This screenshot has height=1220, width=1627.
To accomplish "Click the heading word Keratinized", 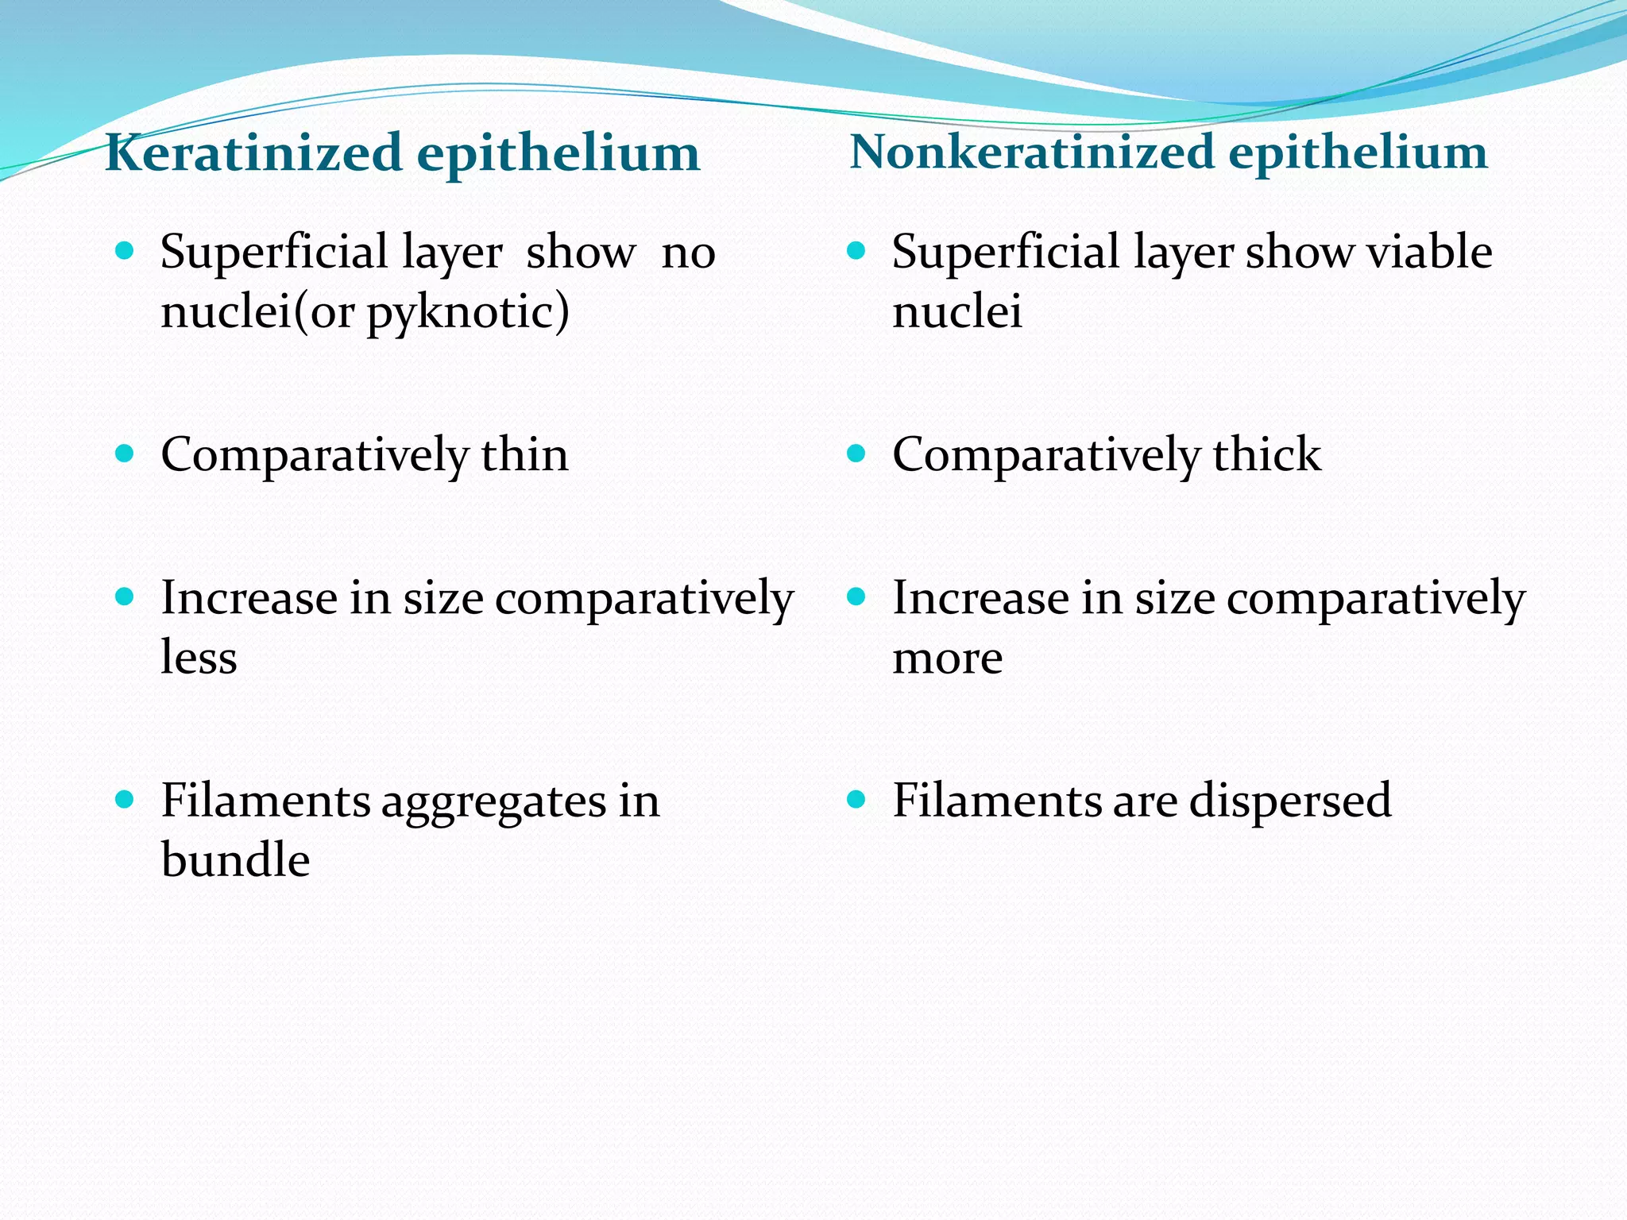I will point(253,152).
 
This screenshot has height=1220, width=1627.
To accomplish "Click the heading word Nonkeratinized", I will point(1031,151).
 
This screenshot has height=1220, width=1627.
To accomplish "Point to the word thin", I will point(524,455).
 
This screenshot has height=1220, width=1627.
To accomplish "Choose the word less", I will point(199,658).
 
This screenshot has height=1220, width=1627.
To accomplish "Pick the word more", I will point(947,658).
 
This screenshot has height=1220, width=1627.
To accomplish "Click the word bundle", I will point(235,859).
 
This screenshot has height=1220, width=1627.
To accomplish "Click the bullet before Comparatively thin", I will point(125,454).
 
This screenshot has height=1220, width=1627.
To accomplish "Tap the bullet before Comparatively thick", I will point(856,454).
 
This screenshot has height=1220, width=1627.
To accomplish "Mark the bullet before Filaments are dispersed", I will point(856,799).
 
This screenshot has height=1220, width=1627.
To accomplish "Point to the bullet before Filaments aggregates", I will point(125,799).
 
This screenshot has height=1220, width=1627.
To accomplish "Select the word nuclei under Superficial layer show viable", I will point(956,311).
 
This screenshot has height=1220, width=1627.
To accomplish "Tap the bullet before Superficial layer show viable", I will point(856,252).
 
